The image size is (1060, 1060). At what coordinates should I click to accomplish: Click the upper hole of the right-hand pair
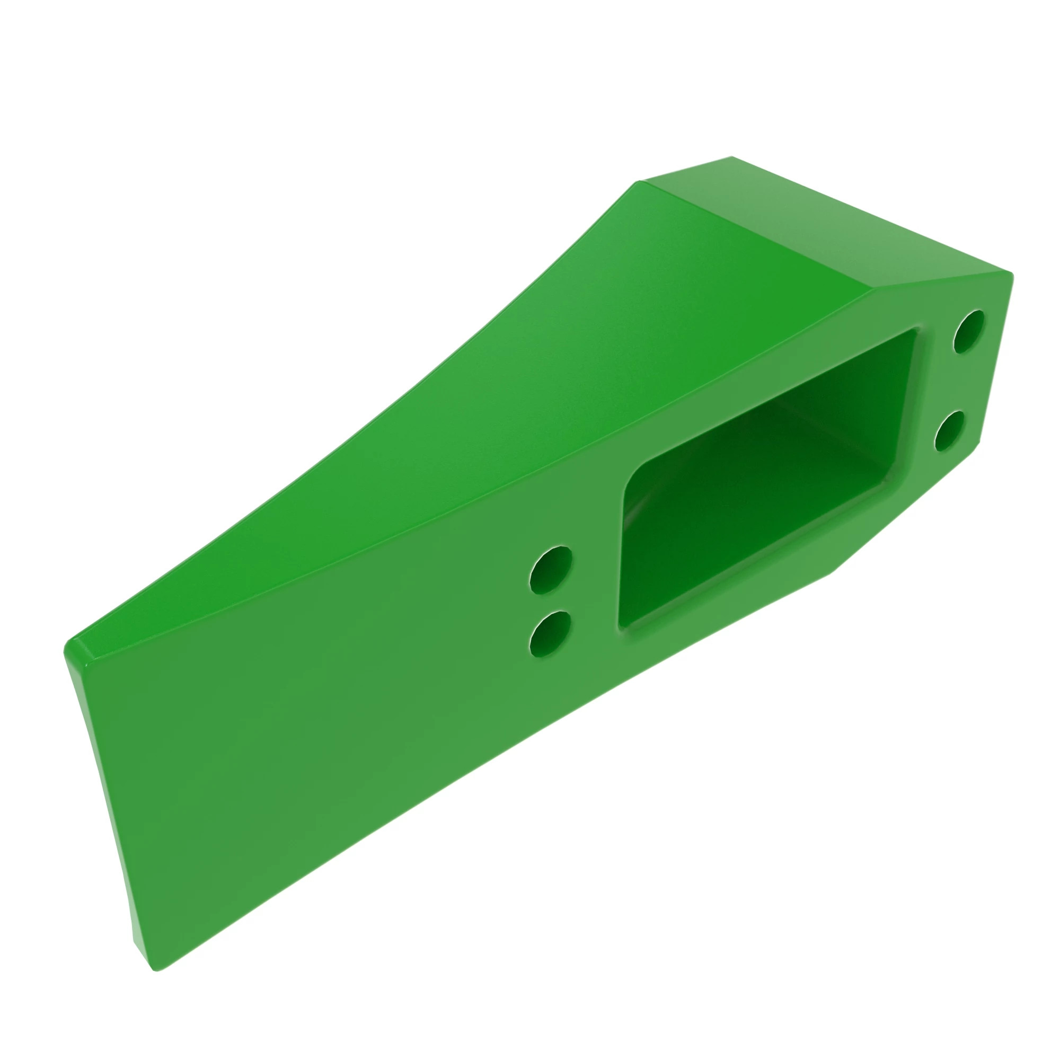969,331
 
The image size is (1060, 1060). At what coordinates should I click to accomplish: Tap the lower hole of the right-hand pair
950,431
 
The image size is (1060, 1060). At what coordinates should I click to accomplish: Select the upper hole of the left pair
551,570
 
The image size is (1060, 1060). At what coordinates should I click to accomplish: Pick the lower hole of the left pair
550,634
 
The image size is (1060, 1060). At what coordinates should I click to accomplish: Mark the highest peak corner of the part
731,157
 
